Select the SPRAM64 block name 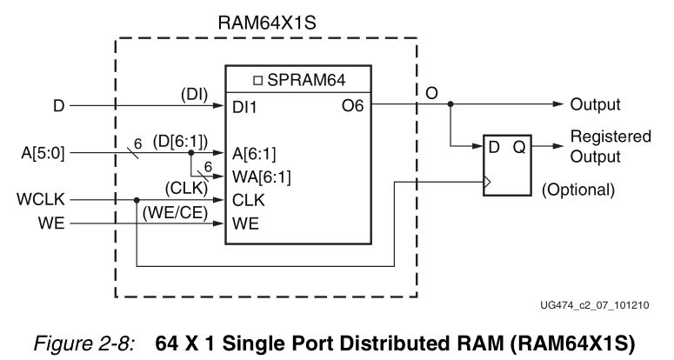300,81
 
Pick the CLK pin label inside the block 248,200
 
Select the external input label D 59,105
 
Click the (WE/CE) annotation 173,211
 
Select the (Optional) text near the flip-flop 577,189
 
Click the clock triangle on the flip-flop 489,183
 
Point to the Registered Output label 610,146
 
